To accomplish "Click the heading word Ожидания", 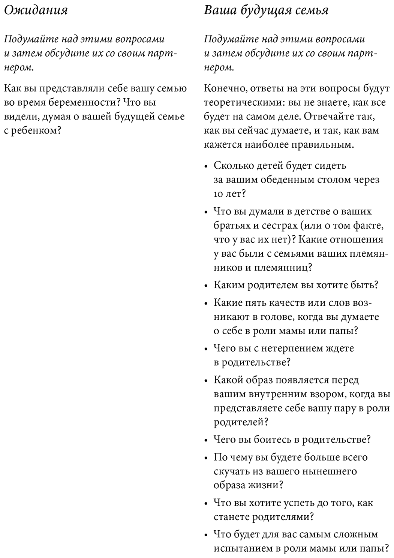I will point(36,10).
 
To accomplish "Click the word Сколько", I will point(232,166).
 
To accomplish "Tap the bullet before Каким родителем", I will point(206,286).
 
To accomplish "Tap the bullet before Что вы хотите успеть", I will point(206,503).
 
